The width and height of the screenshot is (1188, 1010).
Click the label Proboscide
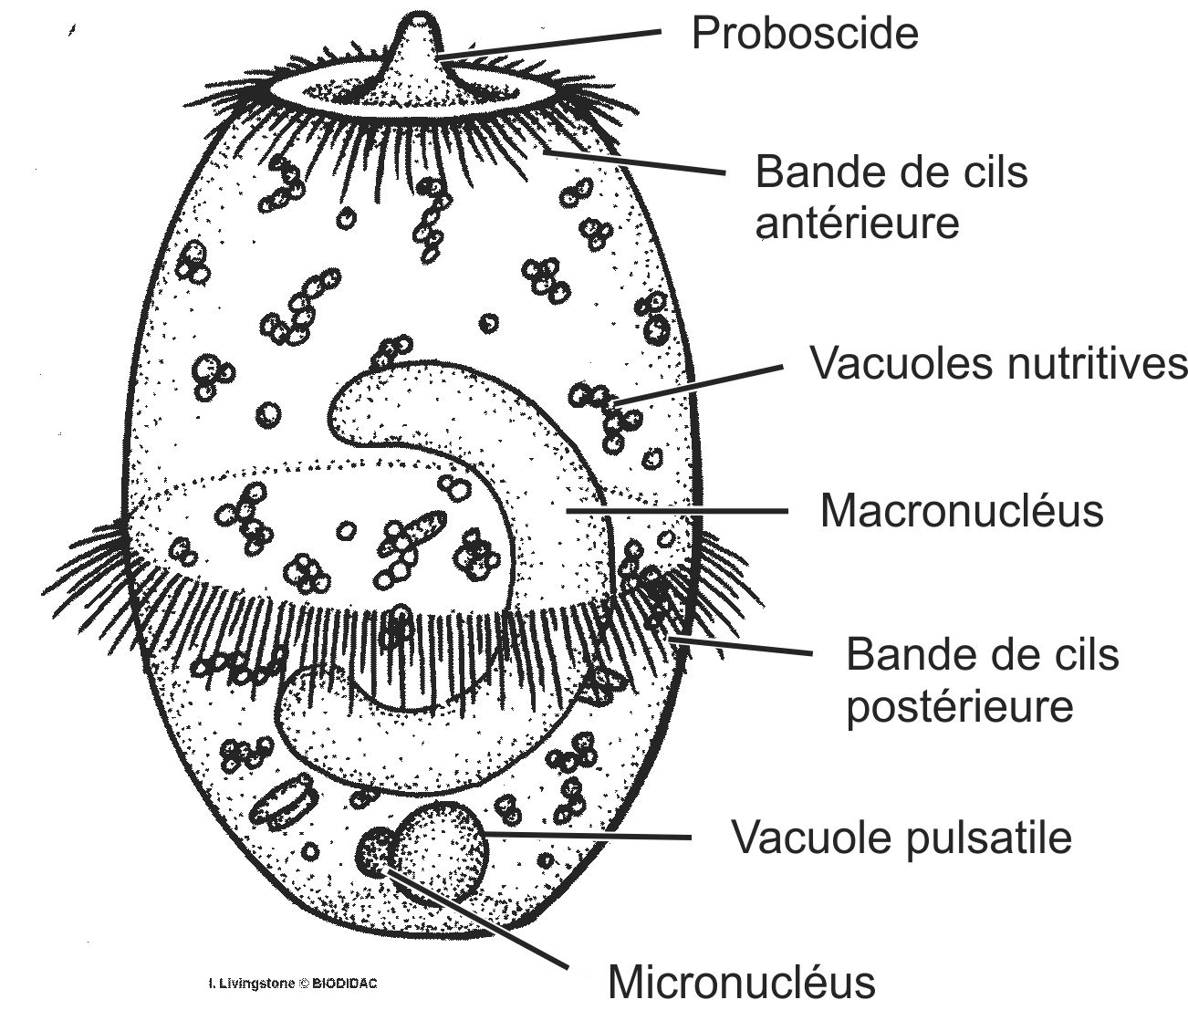coord(804,35)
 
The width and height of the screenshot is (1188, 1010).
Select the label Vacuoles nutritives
coord(998,364)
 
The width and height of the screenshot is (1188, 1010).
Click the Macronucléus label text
coord(961,511)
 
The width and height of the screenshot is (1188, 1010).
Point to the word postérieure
coord(959,706)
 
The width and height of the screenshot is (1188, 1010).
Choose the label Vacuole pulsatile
coord(901,836)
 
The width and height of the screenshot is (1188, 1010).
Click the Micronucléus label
coord(741,983)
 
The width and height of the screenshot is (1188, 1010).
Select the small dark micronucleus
coord(374,851)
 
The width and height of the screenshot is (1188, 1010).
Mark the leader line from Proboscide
coord(547,43)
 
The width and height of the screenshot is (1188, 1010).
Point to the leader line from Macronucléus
coord(675,511)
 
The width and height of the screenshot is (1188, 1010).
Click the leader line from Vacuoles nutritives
coord(698,384)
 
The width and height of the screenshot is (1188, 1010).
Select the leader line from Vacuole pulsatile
coord(593,835)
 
